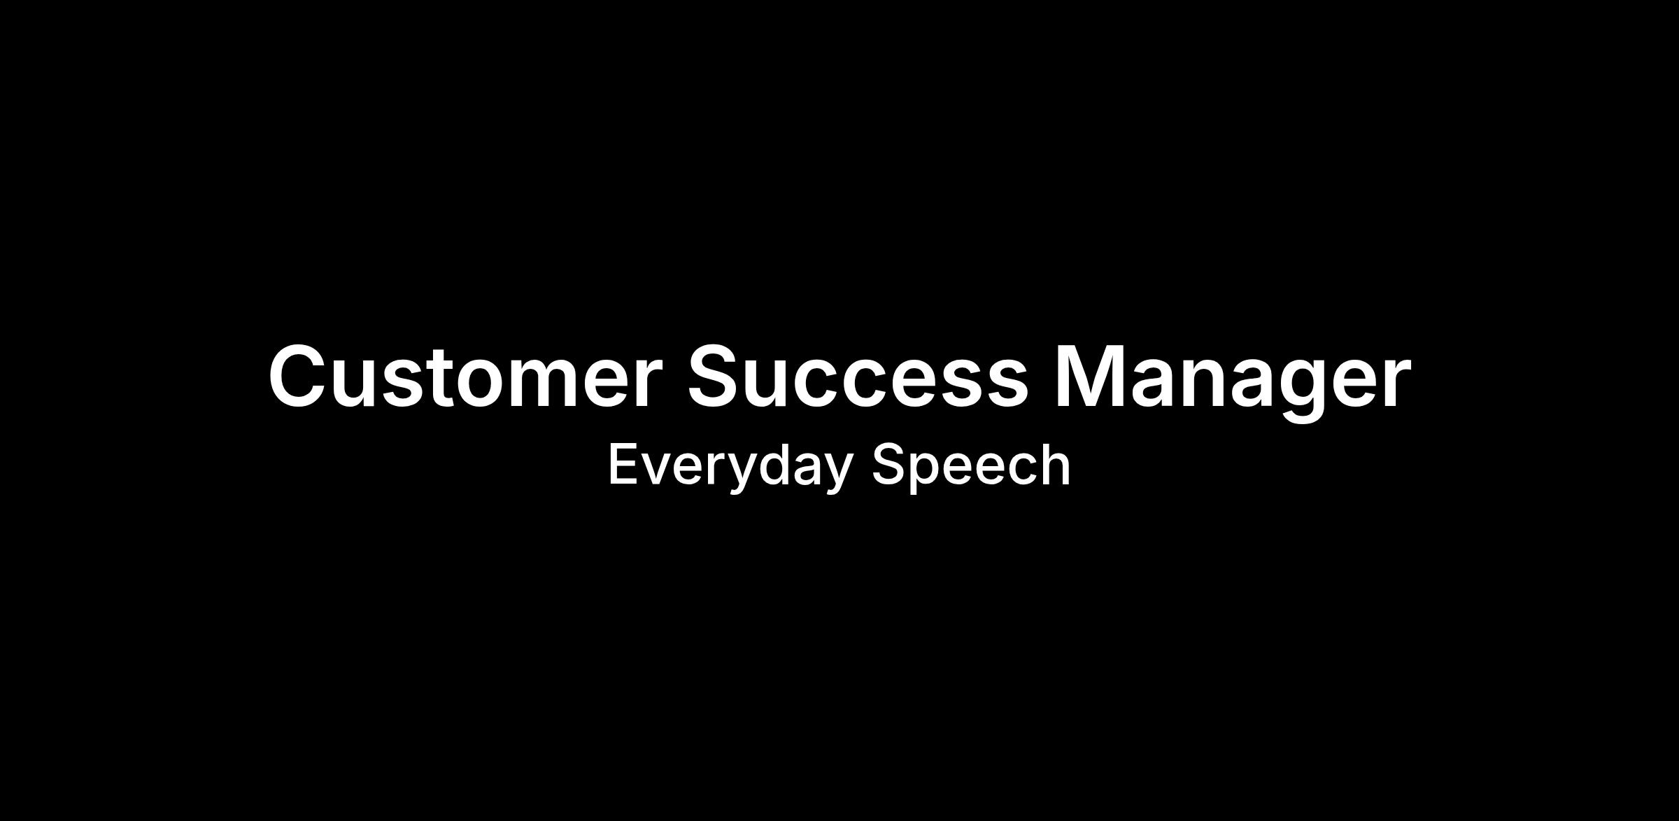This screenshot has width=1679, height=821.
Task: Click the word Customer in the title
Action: [x=465, y=376]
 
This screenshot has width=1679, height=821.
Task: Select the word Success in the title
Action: [x=858, y=376]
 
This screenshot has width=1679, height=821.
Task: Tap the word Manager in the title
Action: [x=1232, y=382]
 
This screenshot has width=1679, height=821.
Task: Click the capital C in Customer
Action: [x=299, y=376]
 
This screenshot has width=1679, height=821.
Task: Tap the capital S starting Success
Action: [x=717, y=376]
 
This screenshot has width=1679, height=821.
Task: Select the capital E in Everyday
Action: [x=624, y=464]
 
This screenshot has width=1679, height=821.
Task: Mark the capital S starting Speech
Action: [x=888, y=464]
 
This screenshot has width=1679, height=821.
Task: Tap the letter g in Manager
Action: [x=1301, y=391]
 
